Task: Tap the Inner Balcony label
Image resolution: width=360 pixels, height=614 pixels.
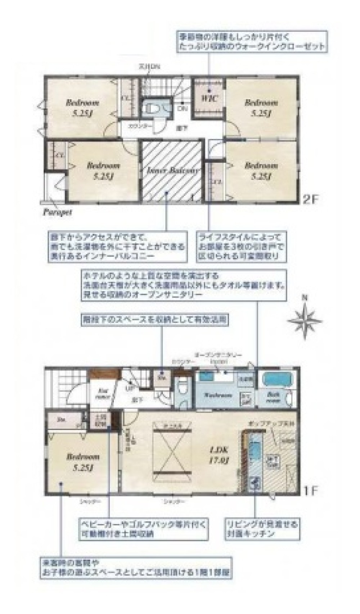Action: (172, 171)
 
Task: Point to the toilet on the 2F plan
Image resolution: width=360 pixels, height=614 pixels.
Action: (150, 107)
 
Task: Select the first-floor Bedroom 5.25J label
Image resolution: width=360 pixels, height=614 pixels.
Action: (83, 462)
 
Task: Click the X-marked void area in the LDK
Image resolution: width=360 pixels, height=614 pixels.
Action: (171, 450)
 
